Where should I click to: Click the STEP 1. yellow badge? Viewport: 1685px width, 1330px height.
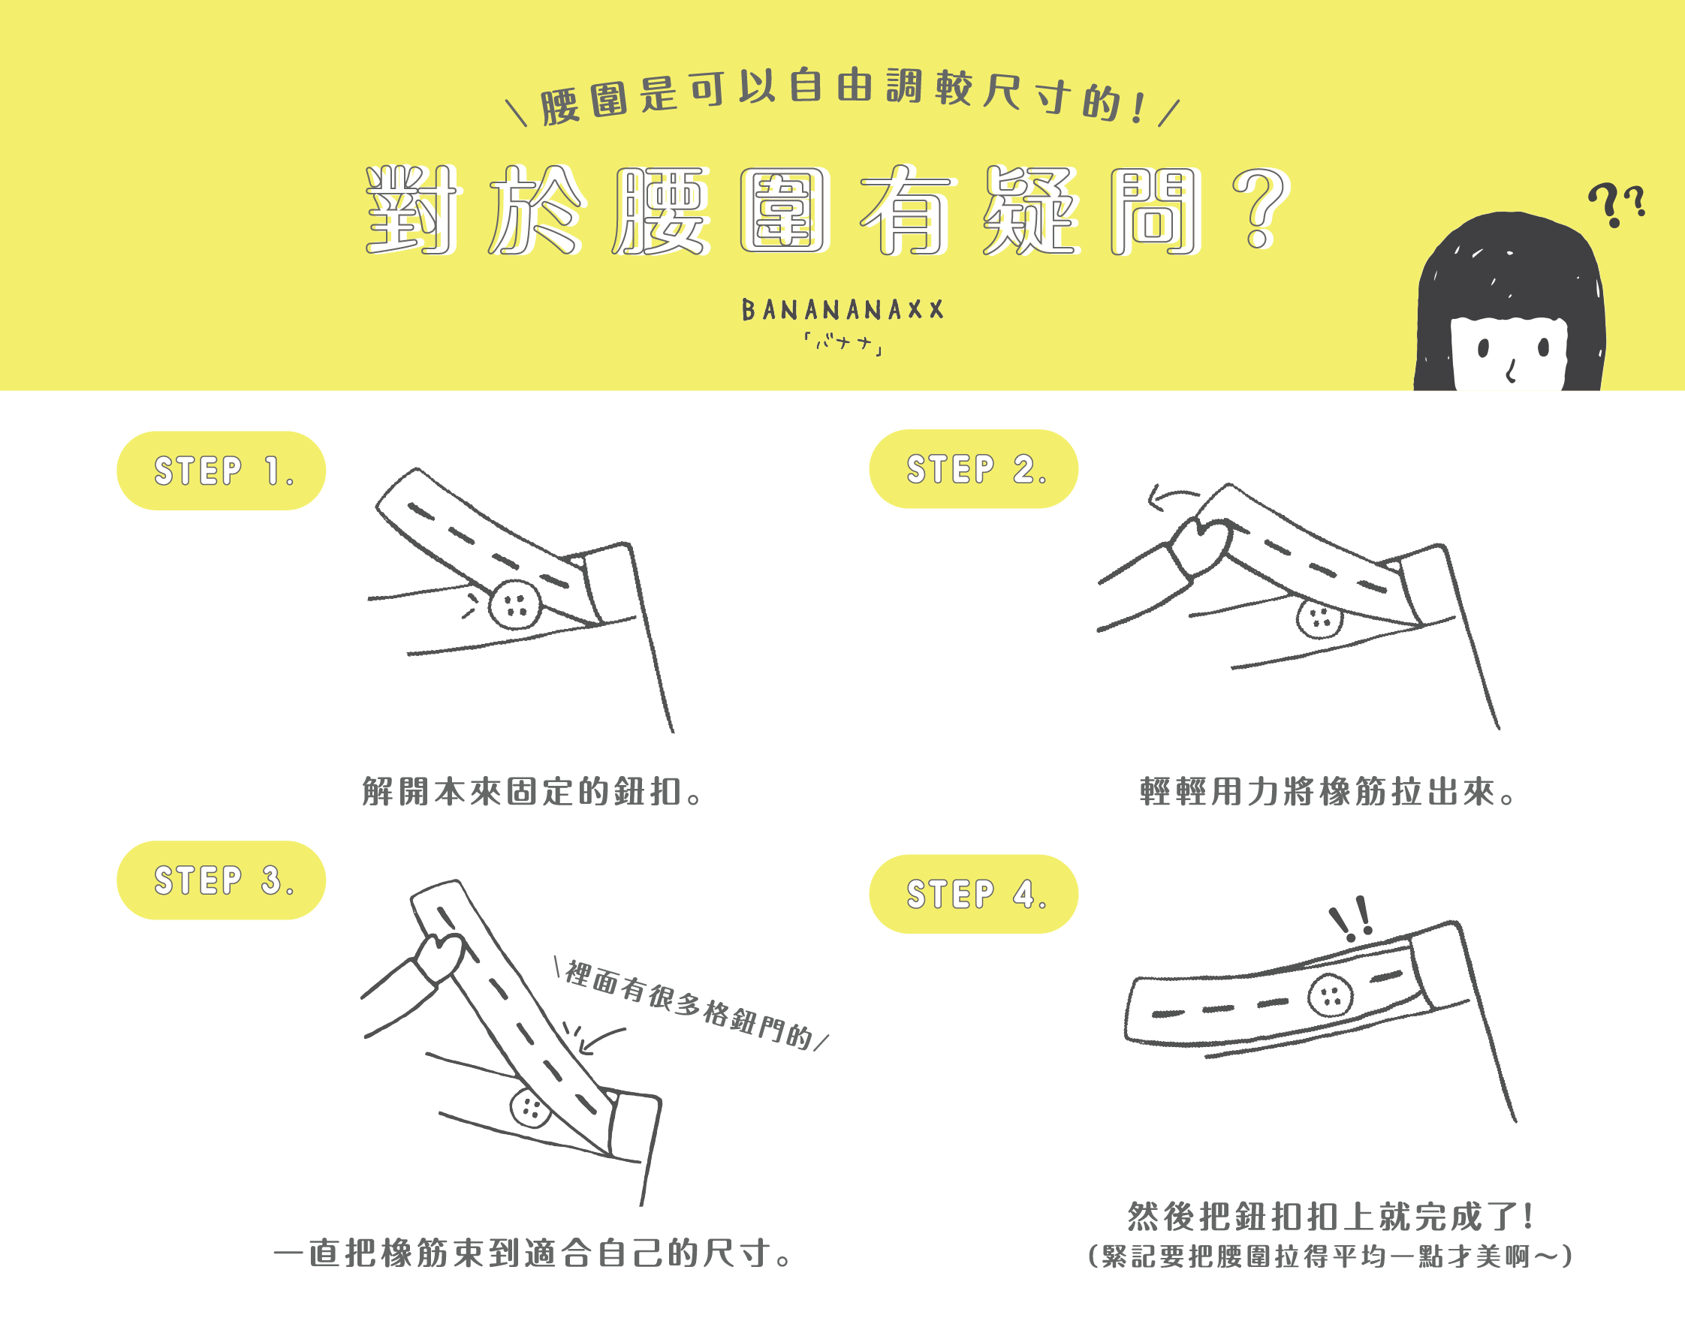(222, 471)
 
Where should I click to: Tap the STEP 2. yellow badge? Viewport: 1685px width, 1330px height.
(974, 469)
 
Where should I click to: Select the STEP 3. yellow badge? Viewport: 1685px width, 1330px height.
(222, 880)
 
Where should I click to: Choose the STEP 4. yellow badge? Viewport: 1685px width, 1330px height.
(974, 894)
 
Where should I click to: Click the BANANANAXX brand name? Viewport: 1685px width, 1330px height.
(843, 310)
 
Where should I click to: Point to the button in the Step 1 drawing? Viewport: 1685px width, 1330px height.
(515, 604)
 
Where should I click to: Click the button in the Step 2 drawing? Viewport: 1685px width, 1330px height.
(1319, 619)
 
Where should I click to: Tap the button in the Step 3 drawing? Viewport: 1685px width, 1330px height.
(532, 1107)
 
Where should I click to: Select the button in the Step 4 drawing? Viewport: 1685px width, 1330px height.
(1331, 995)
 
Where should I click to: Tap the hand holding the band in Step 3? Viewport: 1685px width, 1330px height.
(441, 956)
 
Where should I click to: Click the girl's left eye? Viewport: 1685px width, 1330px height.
(1483, 348)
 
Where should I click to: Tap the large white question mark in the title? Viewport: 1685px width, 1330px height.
(1260, 209)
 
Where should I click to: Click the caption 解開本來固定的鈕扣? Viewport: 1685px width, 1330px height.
(533, 791)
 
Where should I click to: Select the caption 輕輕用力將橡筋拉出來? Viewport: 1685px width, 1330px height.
(1328, 791)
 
